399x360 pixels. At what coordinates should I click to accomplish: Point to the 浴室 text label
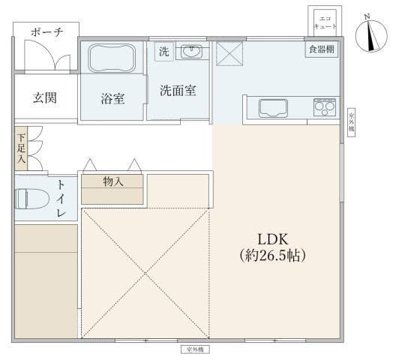coord(112,97)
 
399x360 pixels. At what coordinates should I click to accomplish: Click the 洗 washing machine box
coord(163,52)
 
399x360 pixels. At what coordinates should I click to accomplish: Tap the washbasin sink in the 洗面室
coord(193,52)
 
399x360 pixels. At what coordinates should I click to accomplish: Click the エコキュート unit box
coord(323,21)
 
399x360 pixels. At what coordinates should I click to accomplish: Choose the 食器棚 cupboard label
coord(320,50)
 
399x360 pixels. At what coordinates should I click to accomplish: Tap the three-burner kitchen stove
coord(325,107)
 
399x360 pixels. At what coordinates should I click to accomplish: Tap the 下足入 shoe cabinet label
coord(21,148)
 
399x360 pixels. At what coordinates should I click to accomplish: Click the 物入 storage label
coord(112,181)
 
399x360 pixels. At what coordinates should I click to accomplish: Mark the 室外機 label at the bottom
coord(196,350)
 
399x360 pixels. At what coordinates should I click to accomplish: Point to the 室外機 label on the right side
coord(351,122)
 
